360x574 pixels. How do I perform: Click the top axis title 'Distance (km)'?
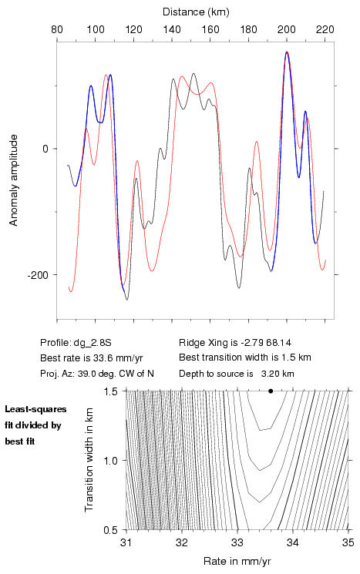[196, 12]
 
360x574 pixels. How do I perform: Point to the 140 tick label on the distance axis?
[172, 29]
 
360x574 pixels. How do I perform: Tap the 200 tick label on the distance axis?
[287, 29]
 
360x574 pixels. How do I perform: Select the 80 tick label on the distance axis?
[57, 29]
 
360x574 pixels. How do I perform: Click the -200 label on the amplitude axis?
[38, 275]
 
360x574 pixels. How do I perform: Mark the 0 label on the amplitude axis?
[45, 149]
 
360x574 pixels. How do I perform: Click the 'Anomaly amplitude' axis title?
[14, 180]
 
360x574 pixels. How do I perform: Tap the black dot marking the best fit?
[271, 391]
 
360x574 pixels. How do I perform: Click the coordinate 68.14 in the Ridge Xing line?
[279, 343]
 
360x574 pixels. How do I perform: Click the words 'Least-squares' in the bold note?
[35, 409]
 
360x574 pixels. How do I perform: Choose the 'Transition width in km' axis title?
[89, 460]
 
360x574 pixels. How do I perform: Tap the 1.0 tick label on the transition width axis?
[110, 461]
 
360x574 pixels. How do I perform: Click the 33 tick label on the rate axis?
[237, 542]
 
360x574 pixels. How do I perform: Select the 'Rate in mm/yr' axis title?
[237, 561]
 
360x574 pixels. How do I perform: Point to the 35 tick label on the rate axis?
[348, 542]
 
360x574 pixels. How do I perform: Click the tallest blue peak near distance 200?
[287, 52]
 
